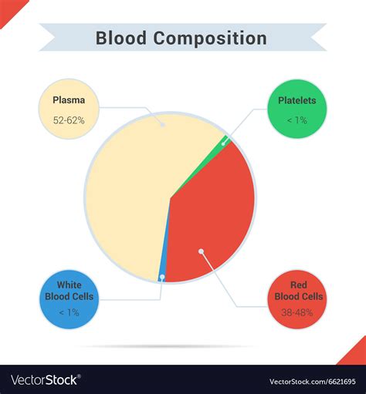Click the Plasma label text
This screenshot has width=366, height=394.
click(x=69, y=100)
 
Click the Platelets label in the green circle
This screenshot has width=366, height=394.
click(x=297, y=100)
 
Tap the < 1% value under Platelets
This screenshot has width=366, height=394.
click(x=297, y=120)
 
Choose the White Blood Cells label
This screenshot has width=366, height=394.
click(x=69, y=291)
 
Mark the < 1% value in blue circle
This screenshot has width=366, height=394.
click(x=69, y=312)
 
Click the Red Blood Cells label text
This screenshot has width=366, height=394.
click(x=297, y=291)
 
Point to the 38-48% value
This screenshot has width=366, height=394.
click(x=297, y=312)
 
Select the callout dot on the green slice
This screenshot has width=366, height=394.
click(x=223, y=142)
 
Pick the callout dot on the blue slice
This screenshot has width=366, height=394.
click(x=161, y=275)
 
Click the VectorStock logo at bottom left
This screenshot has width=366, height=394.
click(x=44, y=380)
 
